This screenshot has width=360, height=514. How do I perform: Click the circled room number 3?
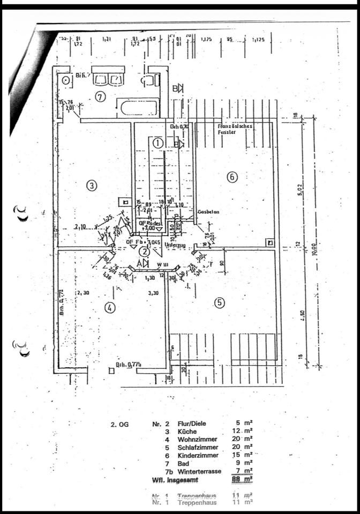[92, 186]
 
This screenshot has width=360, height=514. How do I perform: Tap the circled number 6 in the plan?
[231, 177]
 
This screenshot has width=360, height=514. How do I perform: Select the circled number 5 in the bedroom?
[220, 303]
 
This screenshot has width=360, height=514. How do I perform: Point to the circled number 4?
[109, 308]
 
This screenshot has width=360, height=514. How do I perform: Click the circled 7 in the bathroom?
[100, 96]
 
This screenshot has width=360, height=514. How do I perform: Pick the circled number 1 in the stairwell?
[157, 143]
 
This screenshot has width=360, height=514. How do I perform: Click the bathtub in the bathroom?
[138, 107]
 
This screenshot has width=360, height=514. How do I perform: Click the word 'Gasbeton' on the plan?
[208, 212]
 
